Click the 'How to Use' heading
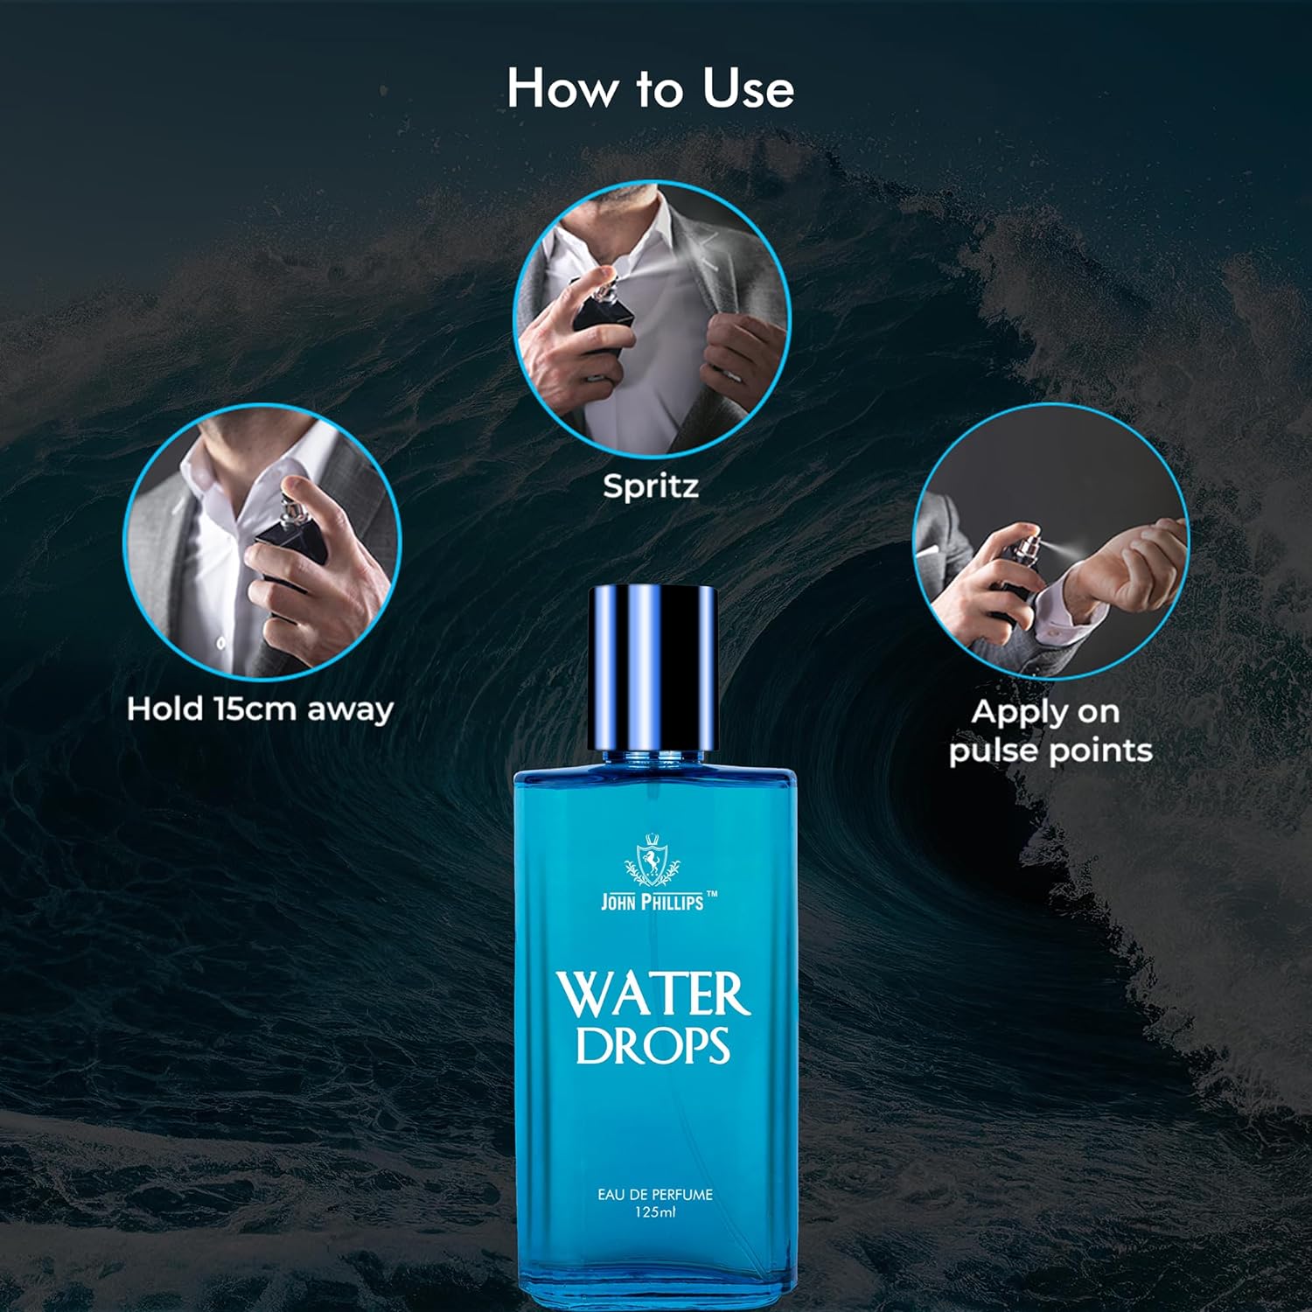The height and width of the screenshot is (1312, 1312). coord(650,89)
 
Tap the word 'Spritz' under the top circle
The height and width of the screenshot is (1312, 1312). coord(651,486)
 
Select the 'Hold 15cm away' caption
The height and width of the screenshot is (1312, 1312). coord(260,708)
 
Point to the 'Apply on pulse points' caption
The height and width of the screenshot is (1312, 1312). coord(1050,731)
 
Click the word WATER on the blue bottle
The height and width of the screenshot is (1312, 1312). coord(653,994)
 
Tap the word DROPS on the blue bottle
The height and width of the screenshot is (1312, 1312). coord(653,1045)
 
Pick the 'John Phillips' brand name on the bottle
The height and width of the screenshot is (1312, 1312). coord(652,901)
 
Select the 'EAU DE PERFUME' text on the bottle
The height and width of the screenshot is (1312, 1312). coord(655,1194)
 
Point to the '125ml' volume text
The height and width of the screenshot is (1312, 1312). coord(655,1212)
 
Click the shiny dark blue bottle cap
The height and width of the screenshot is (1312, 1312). coord(653,668)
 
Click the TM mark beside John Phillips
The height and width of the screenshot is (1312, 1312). coord(712,893)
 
